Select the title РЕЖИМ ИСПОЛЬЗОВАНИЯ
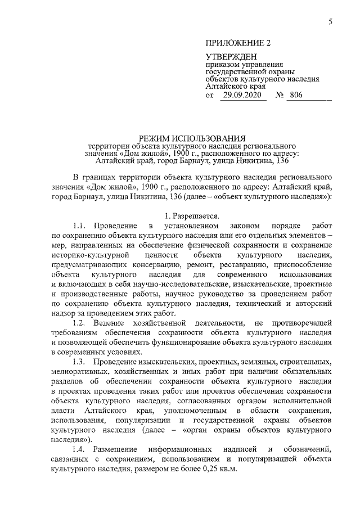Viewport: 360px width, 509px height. point(192,138)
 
